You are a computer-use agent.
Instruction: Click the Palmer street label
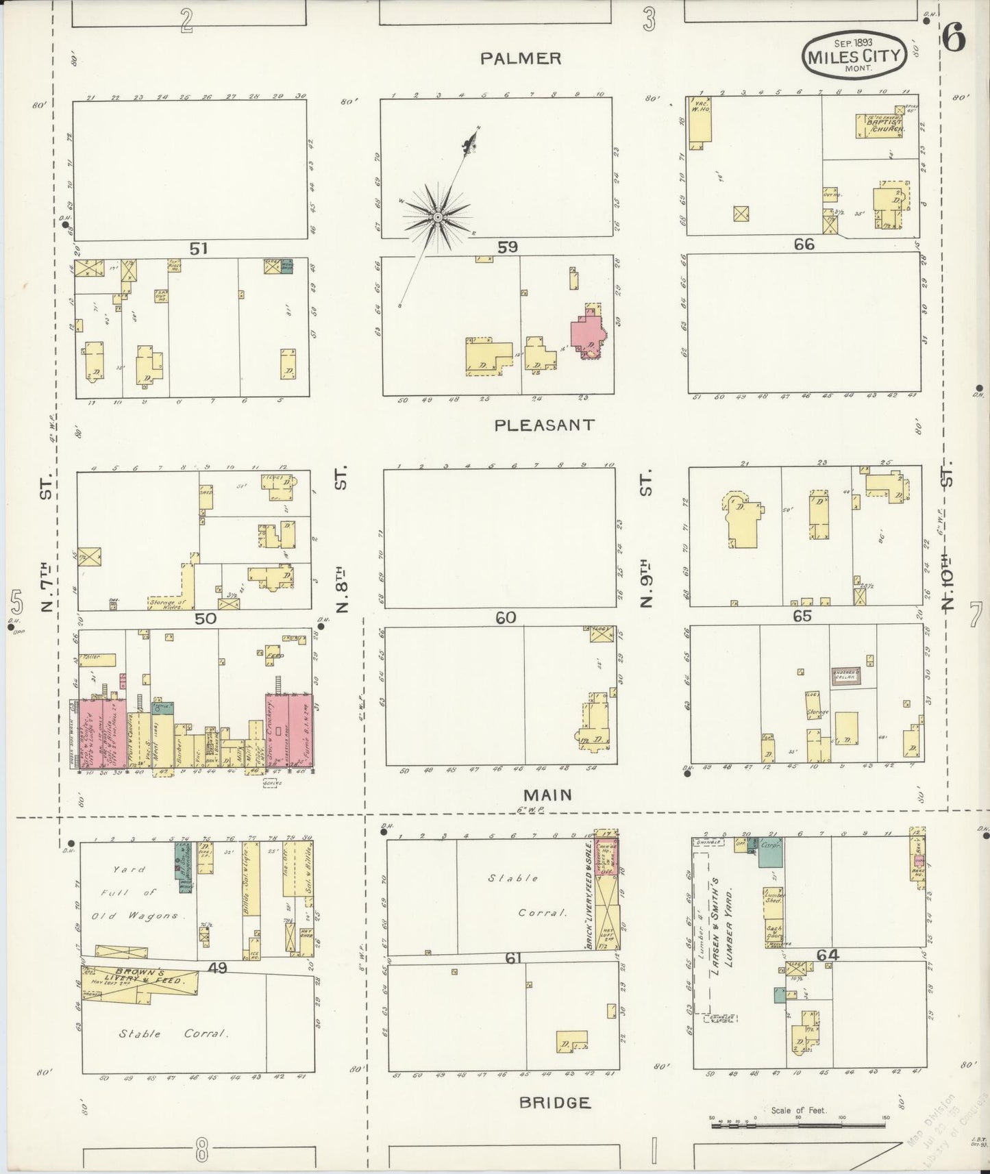[520, 59]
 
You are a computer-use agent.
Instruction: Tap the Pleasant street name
[545, 425]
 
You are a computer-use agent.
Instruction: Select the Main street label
[547, 795]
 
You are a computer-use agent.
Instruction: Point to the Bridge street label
[554, 1103]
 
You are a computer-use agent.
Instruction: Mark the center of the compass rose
[436, 217]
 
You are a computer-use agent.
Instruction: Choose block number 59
[508, 247]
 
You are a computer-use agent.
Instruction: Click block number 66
[804, 244]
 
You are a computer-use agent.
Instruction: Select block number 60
[506, 618]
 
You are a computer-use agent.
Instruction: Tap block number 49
[218, 968]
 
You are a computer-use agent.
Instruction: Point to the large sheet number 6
[954, 39]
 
